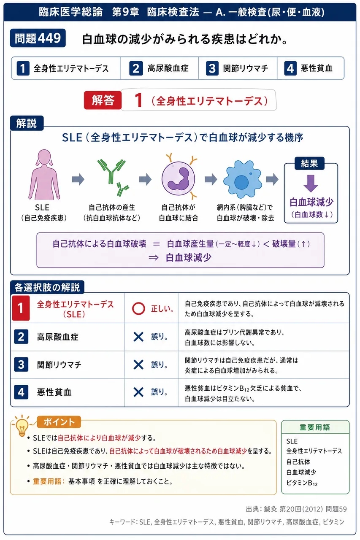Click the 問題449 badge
[38, 38]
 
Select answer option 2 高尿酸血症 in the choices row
[159, 68]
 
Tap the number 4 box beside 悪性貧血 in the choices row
[290, 68]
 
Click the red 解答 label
[103, 100]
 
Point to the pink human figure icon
[44, 174]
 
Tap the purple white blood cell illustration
[179, 178]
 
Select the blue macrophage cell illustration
[242, 180]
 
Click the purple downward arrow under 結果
[311, 184]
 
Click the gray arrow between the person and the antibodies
[78, 179]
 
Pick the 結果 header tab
[309, 163]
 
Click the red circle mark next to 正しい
[138, 308]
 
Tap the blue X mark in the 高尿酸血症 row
[138, 337]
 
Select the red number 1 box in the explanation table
[21, 308]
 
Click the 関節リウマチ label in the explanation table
[59, 365]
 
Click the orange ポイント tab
[59, 422]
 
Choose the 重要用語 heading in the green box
[315, 427]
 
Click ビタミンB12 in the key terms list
[302, 483]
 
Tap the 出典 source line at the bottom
[296, 509]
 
